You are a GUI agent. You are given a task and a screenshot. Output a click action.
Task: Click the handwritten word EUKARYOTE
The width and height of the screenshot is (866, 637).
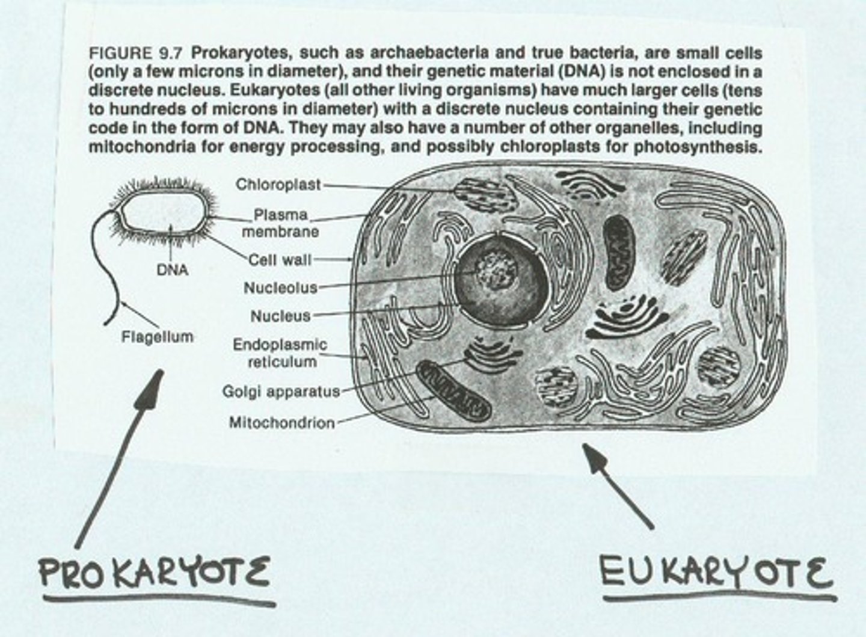[x=716, y=571]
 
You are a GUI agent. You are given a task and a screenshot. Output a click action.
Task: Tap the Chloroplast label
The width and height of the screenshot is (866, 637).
[x=278, y=184]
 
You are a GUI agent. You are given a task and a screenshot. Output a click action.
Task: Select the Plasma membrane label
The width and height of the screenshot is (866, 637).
[x=280, y=223]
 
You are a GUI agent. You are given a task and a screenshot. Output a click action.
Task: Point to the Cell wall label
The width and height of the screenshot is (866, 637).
[x=280, y=260]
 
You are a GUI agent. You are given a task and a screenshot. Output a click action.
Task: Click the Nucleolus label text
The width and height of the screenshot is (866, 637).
[x=280, y=288]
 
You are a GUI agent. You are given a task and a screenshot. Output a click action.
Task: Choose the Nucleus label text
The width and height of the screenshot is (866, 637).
[x=280, y=316]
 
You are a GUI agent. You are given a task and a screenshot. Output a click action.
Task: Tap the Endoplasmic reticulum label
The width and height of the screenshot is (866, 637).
[x=280, y=353]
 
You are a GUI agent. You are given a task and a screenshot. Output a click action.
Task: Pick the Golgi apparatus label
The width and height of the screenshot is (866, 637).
[x=281, y=392]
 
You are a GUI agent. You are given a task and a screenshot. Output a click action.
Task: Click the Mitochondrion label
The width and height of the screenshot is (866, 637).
[x=281, y=423]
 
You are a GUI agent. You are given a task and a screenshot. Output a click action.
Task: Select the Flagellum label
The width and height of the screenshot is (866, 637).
[x=158, y=337]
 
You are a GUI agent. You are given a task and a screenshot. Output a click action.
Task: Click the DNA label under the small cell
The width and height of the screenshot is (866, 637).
[x=172, y=270]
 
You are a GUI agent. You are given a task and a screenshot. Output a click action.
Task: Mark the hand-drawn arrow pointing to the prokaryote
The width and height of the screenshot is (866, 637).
[x=120, y=457]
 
